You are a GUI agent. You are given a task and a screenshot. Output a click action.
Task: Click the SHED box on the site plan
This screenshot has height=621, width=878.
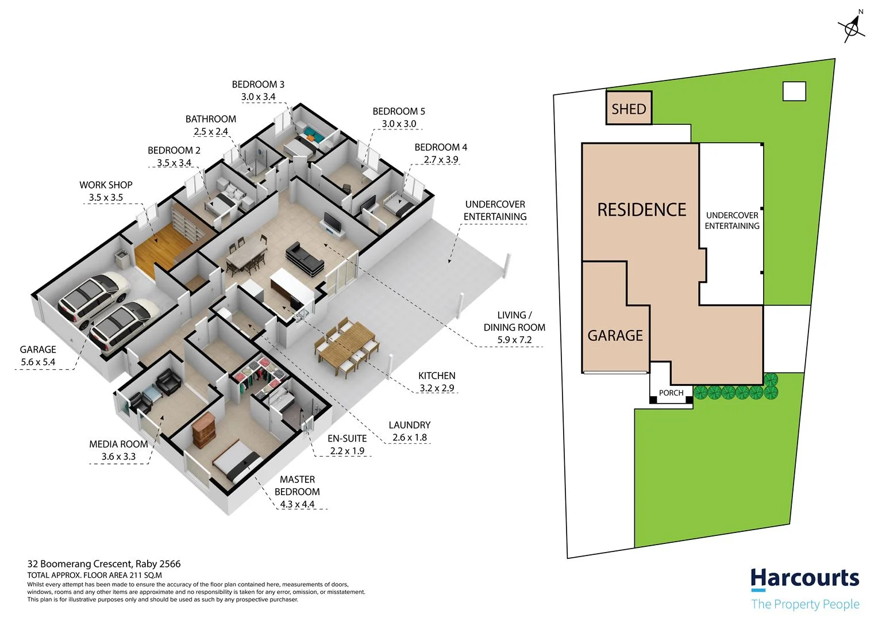click(x=629, y=108)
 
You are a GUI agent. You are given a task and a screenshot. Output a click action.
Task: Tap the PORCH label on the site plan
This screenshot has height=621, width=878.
click(x=671, y=393)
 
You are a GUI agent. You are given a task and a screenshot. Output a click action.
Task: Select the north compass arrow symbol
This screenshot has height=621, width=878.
click(x=852, y=26)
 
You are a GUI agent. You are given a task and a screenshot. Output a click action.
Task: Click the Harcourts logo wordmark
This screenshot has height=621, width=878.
click(x=804, y=578)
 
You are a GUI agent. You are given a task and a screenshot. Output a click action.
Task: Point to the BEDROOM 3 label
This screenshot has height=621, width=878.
click(x=258, y=85)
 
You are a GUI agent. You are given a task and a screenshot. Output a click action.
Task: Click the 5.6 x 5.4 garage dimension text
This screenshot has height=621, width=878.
click(x=38, y=362)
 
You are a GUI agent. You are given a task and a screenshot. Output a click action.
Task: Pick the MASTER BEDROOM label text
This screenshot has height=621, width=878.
click(x=297, y=485)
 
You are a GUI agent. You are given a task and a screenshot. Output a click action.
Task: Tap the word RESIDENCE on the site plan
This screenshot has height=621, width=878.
click(x=641, y=210)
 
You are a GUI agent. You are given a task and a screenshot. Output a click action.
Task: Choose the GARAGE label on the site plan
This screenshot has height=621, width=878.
click(x=615, y=335)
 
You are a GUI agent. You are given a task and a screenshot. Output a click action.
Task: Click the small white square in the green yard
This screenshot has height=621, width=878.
click(x=794, y=91)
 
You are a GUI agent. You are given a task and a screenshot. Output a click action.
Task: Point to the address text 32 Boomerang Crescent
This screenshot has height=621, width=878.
click(x=104, y=564)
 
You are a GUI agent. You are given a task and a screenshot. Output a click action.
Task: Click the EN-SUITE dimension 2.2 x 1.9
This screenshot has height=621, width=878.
click(x=347, y=451)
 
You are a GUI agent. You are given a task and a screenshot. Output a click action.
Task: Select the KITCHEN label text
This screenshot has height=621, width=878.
click(x=436, y=375)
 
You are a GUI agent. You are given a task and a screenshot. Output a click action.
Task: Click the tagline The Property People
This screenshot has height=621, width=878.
click(x=804, y=604)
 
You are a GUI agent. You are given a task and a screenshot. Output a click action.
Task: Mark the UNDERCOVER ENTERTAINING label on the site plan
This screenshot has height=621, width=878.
click(x=731, y=220)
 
